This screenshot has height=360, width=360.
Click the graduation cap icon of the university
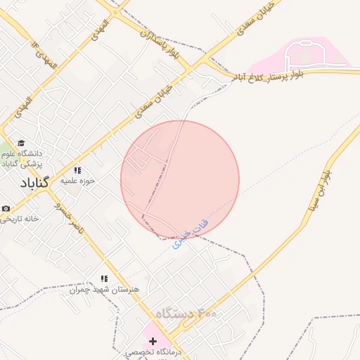20,143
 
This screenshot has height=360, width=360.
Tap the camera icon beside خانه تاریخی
6,209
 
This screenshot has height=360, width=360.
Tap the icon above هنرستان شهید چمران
105,279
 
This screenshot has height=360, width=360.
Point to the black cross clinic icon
153,340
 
